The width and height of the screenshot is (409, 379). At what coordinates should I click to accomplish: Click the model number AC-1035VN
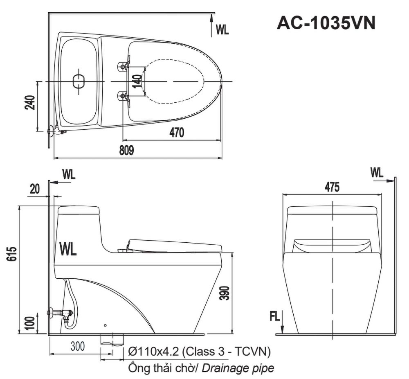(x=326, y=23)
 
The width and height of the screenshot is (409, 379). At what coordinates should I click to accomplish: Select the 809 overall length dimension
(x=127, y=151)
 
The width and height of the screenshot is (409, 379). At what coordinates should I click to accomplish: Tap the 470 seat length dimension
(x=177, y=133)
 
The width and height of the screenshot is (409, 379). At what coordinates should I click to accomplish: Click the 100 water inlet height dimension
(x=30, y=323)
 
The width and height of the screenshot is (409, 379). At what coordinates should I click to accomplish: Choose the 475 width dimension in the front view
(x=332, y=187)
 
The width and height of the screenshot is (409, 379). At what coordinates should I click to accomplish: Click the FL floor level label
(x=274, y=316)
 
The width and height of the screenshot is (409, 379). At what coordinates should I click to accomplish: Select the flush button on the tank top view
(x=78, y=81)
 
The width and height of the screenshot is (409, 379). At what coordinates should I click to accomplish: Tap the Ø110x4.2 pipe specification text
(x=199, y=352)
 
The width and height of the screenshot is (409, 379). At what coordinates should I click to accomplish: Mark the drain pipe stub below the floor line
(x=112, y=339)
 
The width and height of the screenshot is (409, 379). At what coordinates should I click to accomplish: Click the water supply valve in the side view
(x=61, y=314)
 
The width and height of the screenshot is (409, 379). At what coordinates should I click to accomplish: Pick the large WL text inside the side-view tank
(x=68, y=249)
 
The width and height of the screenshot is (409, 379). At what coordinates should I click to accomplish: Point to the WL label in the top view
(x=222, y=30)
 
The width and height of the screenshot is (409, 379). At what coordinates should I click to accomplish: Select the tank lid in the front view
(x=332, y=210)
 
